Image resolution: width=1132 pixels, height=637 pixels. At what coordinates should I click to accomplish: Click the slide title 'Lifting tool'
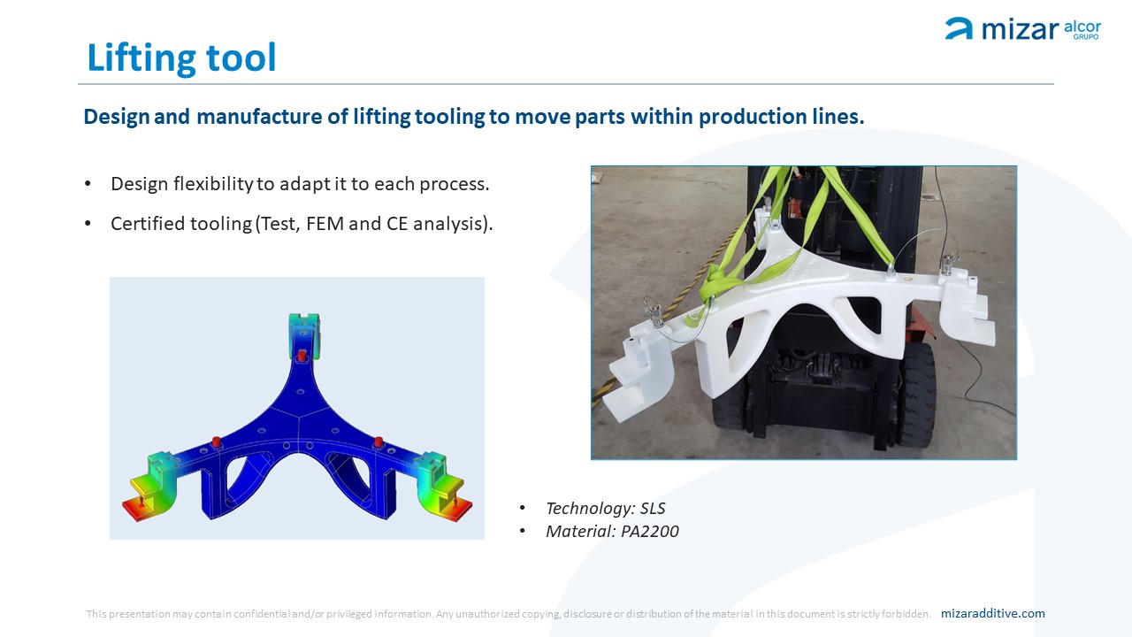coord(181,58)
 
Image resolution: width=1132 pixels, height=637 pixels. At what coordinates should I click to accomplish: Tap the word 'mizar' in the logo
coord(1020,29)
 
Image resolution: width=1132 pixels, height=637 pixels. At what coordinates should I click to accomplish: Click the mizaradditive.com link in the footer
coord(992,613)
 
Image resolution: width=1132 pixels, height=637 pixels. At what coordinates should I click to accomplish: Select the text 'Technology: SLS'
coord(606,508)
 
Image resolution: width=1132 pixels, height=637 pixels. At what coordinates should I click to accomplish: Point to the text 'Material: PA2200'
coord(612,531)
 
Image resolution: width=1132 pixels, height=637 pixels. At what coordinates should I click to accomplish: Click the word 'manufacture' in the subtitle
coord(259,117)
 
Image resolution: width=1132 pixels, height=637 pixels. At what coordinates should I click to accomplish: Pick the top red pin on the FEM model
coord(302,355)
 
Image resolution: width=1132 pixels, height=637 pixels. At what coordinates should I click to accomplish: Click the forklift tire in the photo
coord(917,395)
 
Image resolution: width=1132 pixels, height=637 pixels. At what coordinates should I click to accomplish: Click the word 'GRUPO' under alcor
coord(1086,37)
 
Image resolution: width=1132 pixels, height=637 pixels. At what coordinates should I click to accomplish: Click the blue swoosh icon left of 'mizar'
coord(959,28)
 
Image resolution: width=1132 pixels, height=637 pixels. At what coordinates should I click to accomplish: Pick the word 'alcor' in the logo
coord(1082,27)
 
